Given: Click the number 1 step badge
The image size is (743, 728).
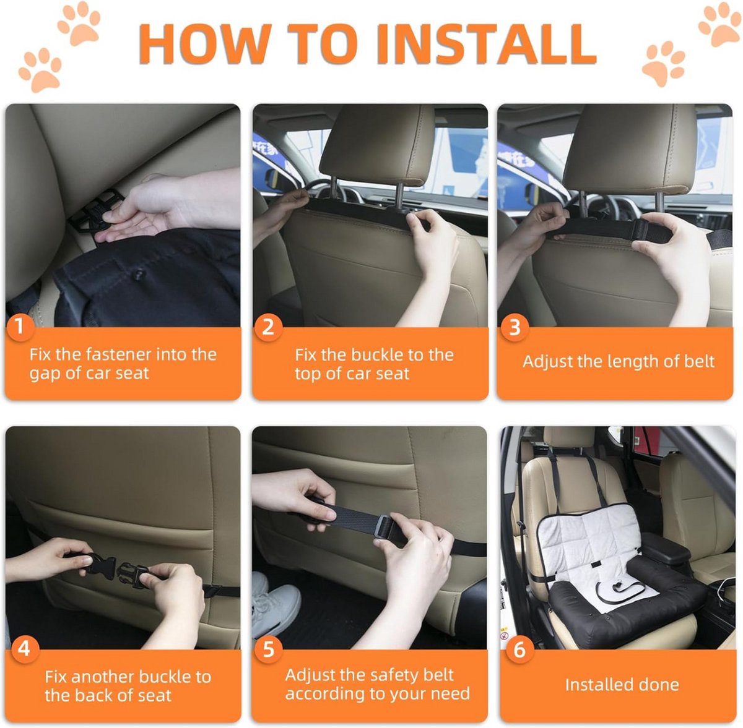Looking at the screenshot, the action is [x=20, y=327].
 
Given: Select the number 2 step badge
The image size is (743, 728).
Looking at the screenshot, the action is [x=267, y=327].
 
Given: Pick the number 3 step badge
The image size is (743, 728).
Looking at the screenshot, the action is [x=515, y=327].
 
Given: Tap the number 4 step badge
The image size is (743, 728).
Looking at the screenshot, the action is [x=24, y=649].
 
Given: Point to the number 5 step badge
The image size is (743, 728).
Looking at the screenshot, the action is [x=268, y=649].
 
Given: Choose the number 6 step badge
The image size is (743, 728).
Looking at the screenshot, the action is [x=519, y=649].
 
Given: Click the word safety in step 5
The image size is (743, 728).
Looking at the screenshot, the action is [x=386, y=675].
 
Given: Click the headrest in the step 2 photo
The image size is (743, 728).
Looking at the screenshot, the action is [x=377, y=145].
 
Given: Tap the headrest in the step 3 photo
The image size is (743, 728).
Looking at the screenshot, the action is [x=628, y=148].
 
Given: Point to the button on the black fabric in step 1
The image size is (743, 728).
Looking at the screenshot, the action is [x=139, y=275].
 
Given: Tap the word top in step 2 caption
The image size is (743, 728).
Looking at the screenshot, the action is [x=307, y=374].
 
